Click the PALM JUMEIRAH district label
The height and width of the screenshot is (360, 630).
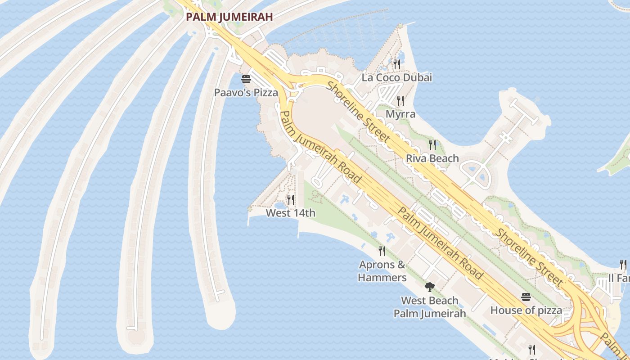click(x=229, y=17)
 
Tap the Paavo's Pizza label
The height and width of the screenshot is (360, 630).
click(x=246, y=93)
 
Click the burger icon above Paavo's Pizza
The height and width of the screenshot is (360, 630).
click(x=246, y=80)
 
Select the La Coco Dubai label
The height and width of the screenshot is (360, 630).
click(x=397, y=77)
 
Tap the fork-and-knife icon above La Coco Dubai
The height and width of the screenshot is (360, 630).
click(x=396, y=64)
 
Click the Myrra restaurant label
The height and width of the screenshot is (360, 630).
click(x=400, y=114)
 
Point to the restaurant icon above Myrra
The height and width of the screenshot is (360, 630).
click(x=400, y=101)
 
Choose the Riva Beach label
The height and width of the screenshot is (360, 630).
click(x=432, y=158)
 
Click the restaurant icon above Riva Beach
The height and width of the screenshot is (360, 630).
click(x=432, y=145)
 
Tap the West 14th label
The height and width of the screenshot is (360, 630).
click(x=291, y=213)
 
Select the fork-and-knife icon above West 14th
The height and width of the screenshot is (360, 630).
click(x=291, y=200)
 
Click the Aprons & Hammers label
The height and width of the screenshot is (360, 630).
click(x=382, y=271)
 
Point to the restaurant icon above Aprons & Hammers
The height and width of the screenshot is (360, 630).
click(x=382, y=251)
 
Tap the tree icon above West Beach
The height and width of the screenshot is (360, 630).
click(x=430, y=287)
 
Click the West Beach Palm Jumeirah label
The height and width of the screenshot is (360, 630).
click(x=430, y=307)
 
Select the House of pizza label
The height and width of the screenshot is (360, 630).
click(x=526, y=310)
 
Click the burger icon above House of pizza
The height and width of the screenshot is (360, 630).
click(x=526, y=297)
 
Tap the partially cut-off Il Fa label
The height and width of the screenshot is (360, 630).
click(x=619, y=278)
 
